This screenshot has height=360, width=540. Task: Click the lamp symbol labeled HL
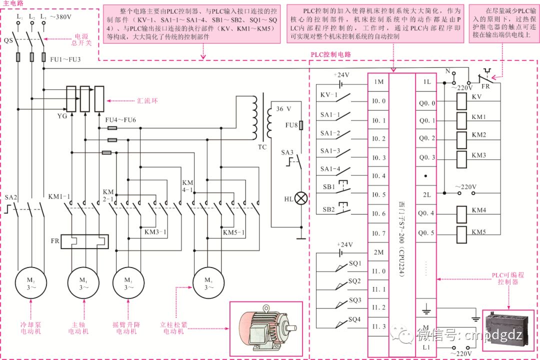click(300, 198)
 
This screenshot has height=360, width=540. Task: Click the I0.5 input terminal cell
click(378, 194)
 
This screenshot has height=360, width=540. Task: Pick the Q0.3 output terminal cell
click(427, 157)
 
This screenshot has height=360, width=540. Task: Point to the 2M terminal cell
click(378, 252)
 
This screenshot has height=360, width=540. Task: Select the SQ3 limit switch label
click(354, 300)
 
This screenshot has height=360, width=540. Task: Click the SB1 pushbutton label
click(328, 187)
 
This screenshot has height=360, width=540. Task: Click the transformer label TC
click(262, 147)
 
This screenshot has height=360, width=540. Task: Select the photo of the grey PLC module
click(507, 329)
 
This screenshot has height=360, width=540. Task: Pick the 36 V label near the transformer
click(283, 108)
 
